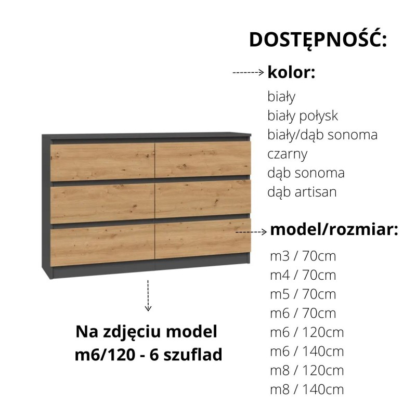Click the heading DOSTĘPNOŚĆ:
tap(318, 40)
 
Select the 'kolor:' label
tap(291, 72)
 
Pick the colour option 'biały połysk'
tap(303, 116)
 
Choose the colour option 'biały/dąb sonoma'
tap(322, 135)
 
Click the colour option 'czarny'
tap(288, 154)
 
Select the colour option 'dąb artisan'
tap(302, 192)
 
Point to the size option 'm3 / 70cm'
tap(303, 256)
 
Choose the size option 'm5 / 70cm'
tap(303, 294)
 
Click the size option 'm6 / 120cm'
tap(307, 332)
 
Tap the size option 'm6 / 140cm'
tap(307, 352)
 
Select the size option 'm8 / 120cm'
tap(307, 370)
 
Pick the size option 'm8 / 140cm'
tap(307, 389)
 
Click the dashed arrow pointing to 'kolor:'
tap(249, 73)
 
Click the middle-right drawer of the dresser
tap(203, 198)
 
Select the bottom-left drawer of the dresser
tap(102, 242)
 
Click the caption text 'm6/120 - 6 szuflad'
tap(149, 355)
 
